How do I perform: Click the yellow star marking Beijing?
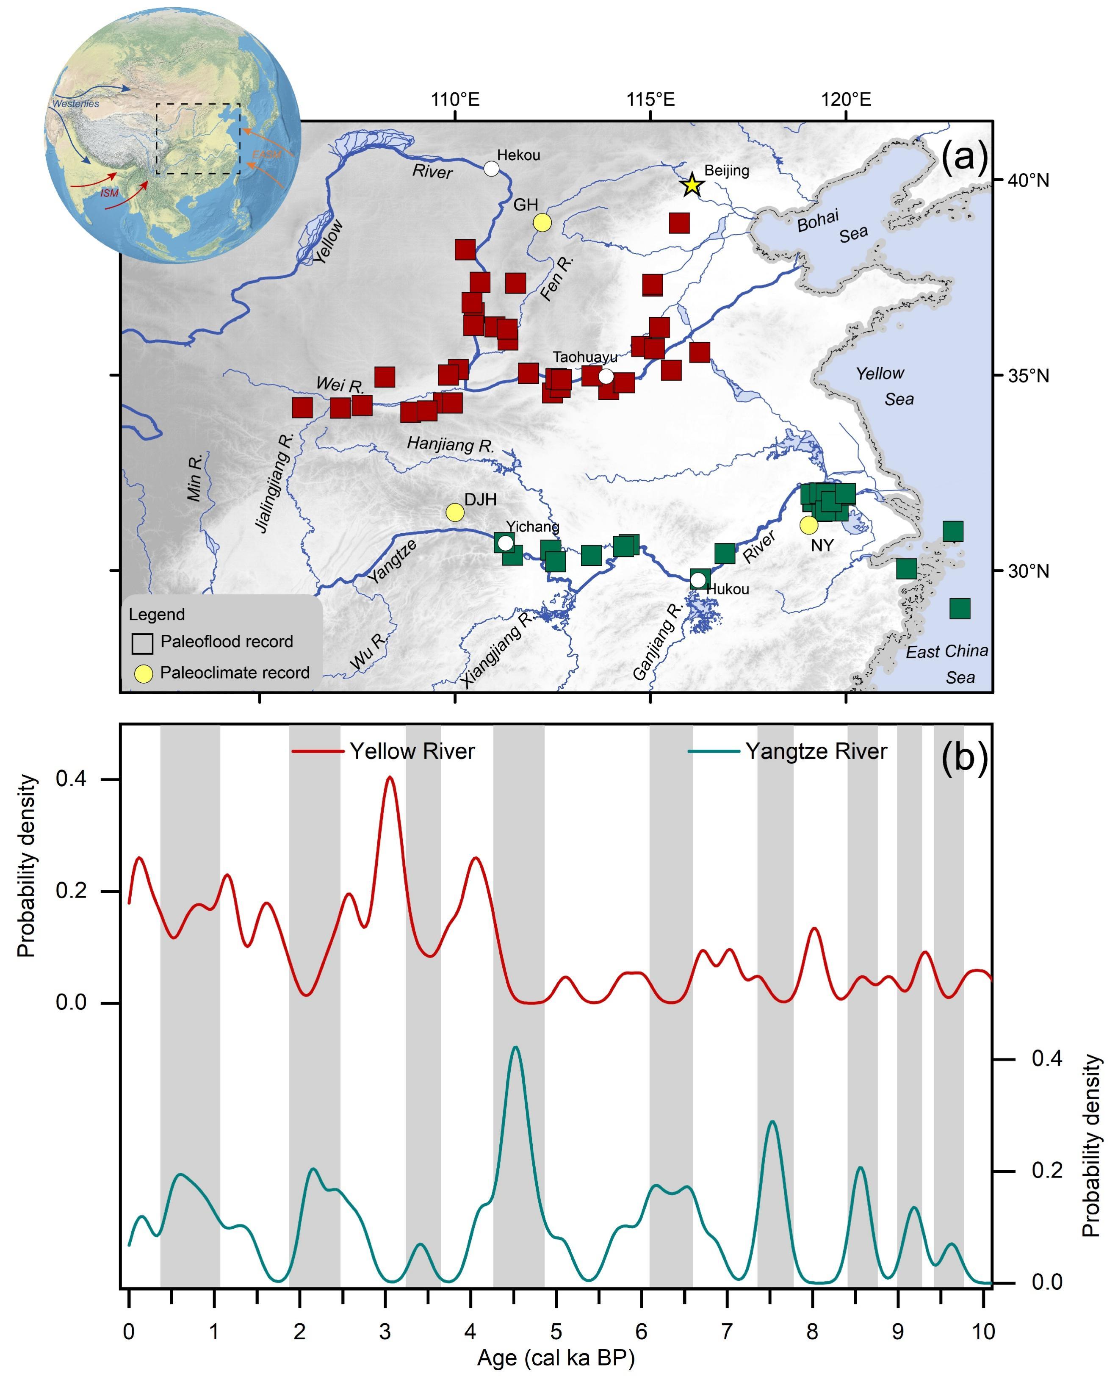point(692,185)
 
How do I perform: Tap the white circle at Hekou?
point(491,169)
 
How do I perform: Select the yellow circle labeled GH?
point(542,222)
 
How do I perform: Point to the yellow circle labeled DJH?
point(455,512)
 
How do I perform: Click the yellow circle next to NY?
point(808,525)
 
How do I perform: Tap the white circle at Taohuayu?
point(606,376)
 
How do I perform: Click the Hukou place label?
point(728,589)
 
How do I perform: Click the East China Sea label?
point(946,664)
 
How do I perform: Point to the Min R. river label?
point(195,476)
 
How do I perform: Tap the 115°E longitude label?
point(650,100)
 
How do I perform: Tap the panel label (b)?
point(964,758)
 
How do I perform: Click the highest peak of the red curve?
point(390,778)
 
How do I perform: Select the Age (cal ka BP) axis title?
point(556,1357)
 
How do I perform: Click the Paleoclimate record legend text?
point(235,673)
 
